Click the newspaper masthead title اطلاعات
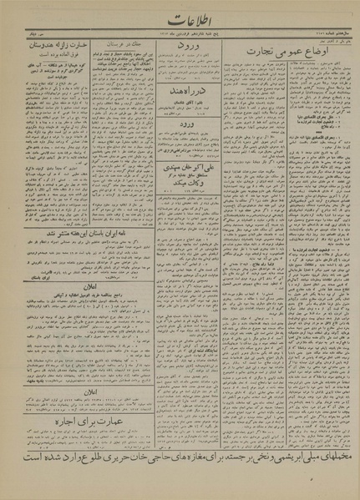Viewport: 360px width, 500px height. [x=180, y=18]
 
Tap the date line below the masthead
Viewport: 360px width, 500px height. [x=180, y=33]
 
